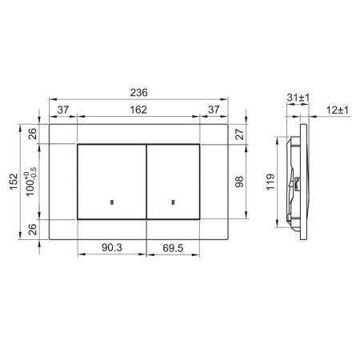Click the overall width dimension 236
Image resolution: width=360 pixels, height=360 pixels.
138,93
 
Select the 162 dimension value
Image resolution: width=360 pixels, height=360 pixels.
138,110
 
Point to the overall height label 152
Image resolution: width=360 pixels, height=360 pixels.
14,182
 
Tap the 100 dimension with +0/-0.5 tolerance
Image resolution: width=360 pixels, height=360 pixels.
30,182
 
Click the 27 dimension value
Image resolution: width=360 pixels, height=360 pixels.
239,134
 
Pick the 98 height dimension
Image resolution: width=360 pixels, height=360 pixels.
239,182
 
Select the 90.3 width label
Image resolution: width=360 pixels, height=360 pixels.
112,248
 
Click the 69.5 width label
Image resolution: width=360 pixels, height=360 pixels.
173,248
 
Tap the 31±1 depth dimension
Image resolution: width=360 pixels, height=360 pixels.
298,98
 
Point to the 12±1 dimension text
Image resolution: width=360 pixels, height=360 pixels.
338,110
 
